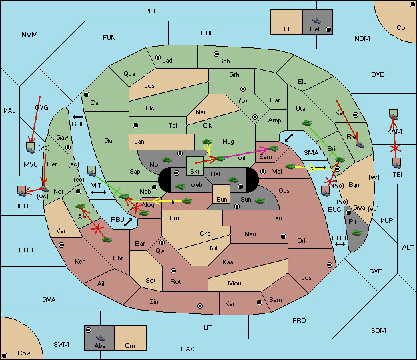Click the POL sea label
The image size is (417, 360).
tap(151, 11)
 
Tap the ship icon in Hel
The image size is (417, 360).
tap(316, 21)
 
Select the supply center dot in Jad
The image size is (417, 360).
tap(158, 57)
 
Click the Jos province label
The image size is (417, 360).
tap(149, 86)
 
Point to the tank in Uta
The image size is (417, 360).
tap(306, 123)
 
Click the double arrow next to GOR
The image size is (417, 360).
tap(77, 117)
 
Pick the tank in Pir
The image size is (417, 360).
tap(356, 233)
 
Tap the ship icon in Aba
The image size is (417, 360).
tap(100, 338)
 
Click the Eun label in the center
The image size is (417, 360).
tap(222, 199)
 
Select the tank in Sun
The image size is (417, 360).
tap(260, 201)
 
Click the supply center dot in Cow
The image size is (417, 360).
tap(5, 355)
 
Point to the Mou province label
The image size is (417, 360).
tap(234, 283)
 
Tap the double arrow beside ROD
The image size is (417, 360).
tap(340, 244)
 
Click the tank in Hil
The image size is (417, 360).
tap(187, 201)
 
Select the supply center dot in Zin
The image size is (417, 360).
tap(200, 306)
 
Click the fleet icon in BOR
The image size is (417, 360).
tap(21, 191)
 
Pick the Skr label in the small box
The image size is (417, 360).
tap(195, 172)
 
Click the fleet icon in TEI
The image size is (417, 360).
tap(397, 163)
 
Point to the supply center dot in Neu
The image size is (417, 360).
tap(284, 236)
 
